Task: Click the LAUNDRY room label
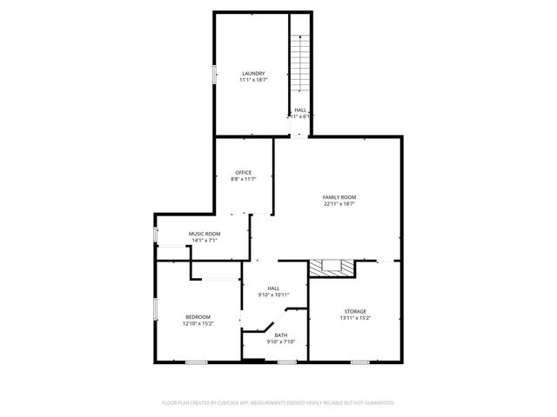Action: coord(253,73)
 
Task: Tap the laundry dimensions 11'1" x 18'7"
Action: coord(253,80)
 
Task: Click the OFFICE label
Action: coord(244,172)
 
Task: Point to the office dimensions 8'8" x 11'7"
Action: coord(244,179)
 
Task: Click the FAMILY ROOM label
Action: coord(339,197)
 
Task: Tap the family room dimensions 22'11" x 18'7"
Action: coord(339,204)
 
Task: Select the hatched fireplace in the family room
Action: coord(332,268)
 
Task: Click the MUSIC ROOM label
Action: coord(205,234)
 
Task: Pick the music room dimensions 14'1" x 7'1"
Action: coord(205,241)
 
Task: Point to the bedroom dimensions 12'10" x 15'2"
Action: coord(198,323)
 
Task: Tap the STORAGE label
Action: coord(354,311)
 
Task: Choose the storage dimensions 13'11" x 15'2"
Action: coord(354,318)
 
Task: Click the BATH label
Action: coord(281,334)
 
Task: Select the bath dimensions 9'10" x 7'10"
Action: coord(281,341)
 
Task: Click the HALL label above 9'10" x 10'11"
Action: coord(273,288)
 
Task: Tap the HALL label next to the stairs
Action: coord(300,109)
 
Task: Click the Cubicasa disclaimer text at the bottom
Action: coord(278,403)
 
